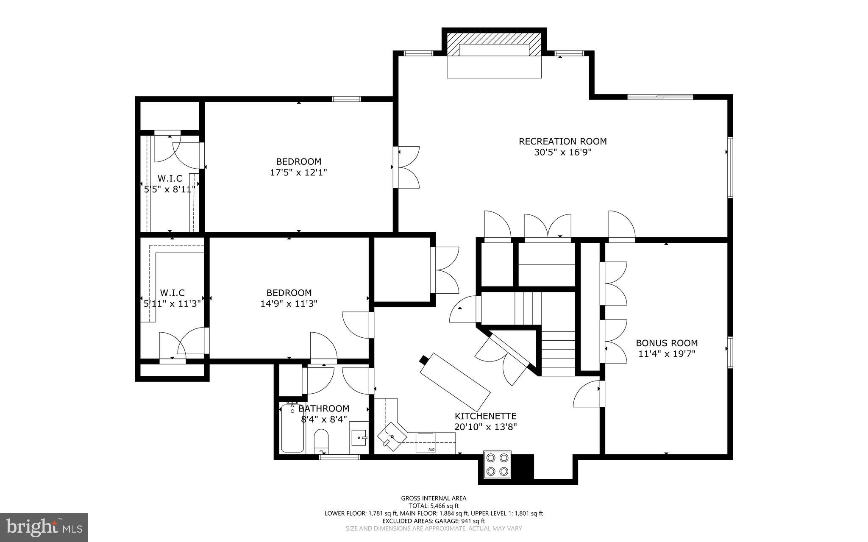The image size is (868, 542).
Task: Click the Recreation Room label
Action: click(x=562, y=142)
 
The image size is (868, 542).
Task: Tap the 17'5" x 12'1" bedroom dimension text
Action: click(x=298, y=172)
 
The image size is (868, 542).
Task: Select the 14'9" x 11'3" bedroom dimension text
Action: click(x=289, y=304)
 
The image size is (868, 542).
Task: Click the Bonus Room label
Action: click(x=667, y=343)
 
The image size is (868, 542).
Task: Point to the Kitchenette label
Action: click(x=485, y=416)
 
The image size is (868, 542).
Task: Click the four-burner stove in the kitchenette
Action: click(x=497, y=464)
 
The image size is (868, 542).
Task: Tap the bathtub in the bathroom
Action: click(x=292, y=429)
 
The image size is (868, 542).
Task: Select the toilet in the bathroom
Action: click(x=321, y=441)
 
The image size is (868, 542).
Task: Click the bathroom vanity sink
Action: click(x=359, y=436)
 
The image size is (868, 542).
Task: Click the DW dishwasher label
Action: click(x=431, y=449)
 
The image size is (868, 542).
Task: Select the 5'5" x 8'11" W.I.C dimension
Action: click(x=170, y=189)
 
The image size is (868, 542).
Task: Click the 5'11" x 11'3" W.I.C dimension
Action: click(x=172, y=304)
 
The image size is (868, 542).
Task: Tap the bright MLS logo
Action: click(x=44, y=527)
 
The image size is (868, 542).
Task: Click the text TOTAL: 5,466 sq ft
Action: click(x=434, y=506)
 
